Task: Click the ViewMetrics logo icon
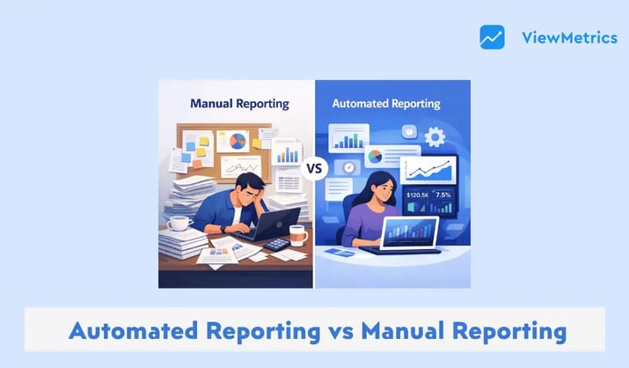click(492, 37)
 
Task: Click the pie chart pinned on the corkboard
click(238, 141)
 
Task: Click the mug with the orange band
click(297, 234)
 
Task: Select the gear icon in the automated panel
click(435, 137)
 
